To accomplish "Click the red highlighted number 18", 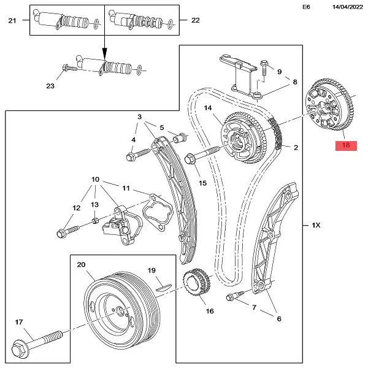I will coord(345,146).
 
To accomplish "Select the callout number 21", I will coord(12,20).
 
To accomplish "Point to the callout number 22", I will coord(196,20).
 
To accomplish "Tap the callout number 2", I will coord(296,148).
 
